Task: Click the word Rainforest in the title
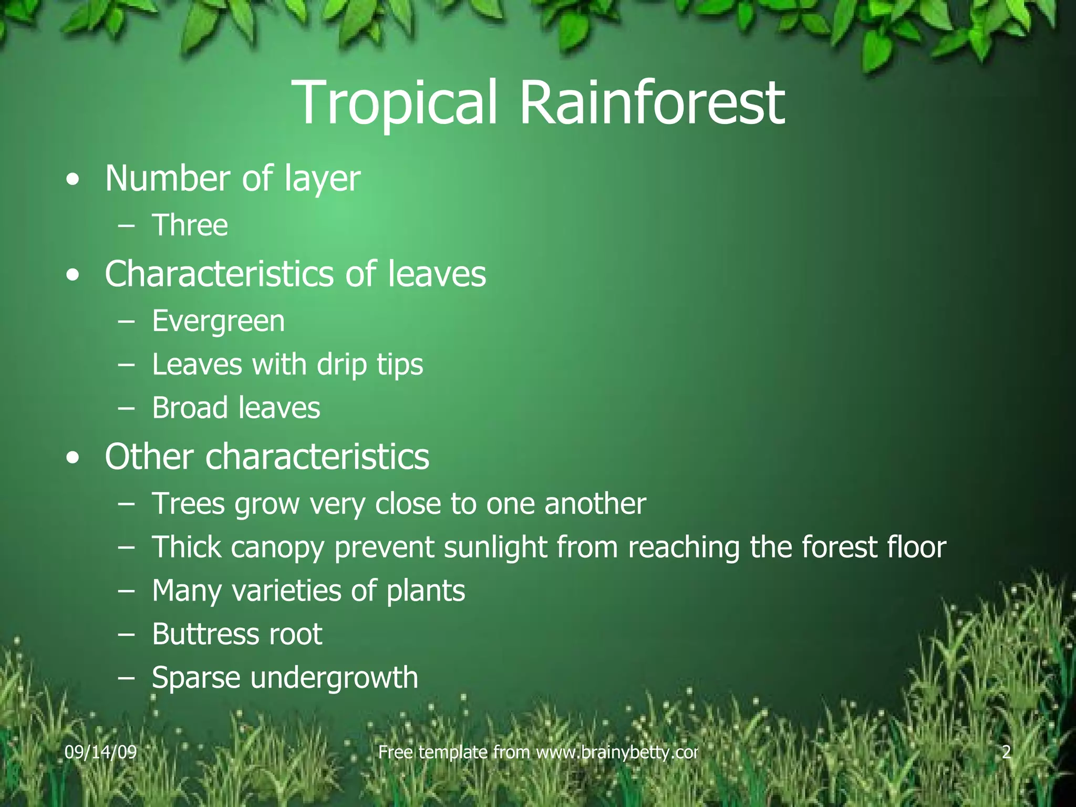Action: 652,103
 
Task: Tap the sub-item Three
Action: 190,225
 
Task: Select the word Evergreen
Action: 218,322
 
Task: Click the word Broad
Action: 190,408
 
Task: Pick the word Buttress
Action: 204,634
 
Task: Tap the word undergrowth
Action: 334,678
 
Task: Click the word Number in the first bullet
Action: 168,179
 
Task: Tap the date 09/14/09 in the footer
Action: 100,752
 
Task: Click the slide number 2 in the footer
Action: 1006,752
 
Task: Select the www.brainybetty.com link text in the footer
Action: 617,752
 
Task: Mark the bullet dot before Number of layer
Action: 74,180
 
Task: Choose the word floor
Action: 916,547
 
